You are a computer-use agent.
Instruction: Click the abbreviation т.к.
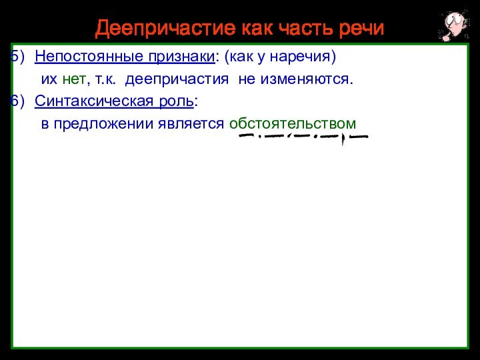point(105,80)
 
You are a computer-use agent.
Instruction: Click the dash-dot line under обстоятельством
point(303,137)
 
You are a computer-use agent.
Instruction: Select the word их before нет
point(49,80)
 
